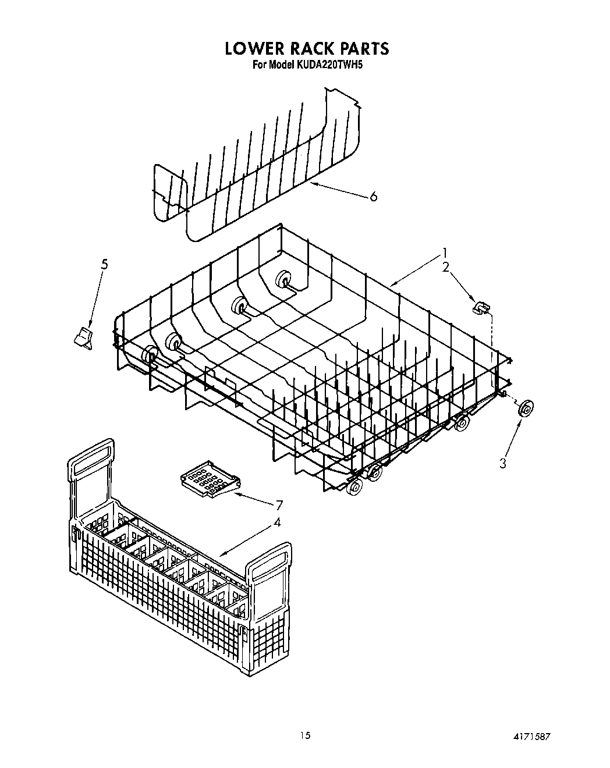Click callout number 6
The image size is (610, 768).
pyautogui.click(x=373, y=197)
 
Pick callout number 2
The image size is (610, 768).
pyautogui.click(x=445, y=267)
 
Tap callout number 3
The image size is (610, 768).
pyautogui.click(x=503, y=463)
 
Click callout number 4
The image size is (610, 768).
pyautogui.click(x=277, y=522)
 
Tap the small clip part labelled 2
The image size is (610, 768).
pyautogui.click(x=480, y=307)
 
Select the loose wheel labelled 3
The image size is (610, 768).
pyautogui.click(x=526, y=409)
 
